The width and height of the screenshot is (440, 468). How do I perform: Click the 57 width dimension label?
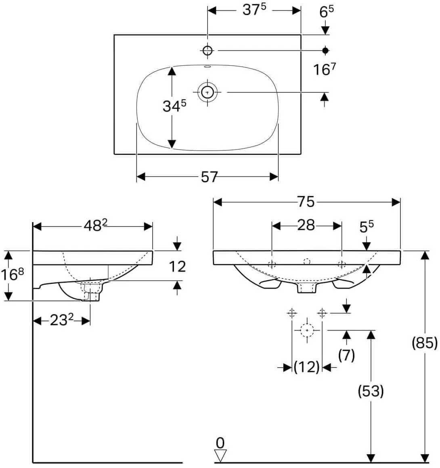point(209,177)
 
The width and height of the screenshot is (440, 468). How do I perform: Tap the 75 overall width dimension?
point(306,202)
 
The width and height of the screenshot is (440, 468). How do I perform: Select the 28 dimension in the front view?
point(306,225)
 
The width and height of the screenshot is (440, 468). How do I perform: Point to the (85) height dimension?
point(424,343)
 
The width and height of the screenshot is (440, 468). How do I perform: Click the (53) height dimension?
point(371,391)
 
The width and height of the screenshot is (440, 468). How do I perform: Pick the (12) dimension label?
point(307,367)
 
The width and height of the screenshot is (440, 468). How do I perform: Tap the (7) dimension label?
point(346,355)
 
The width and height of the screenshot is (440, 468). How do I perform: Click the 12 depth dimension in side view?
point(178,266)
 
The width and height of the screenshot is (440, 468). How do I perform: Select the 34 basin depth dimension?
point(174,106)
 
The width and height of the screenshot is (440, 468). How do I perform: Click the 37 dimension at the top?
point(254,10)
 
